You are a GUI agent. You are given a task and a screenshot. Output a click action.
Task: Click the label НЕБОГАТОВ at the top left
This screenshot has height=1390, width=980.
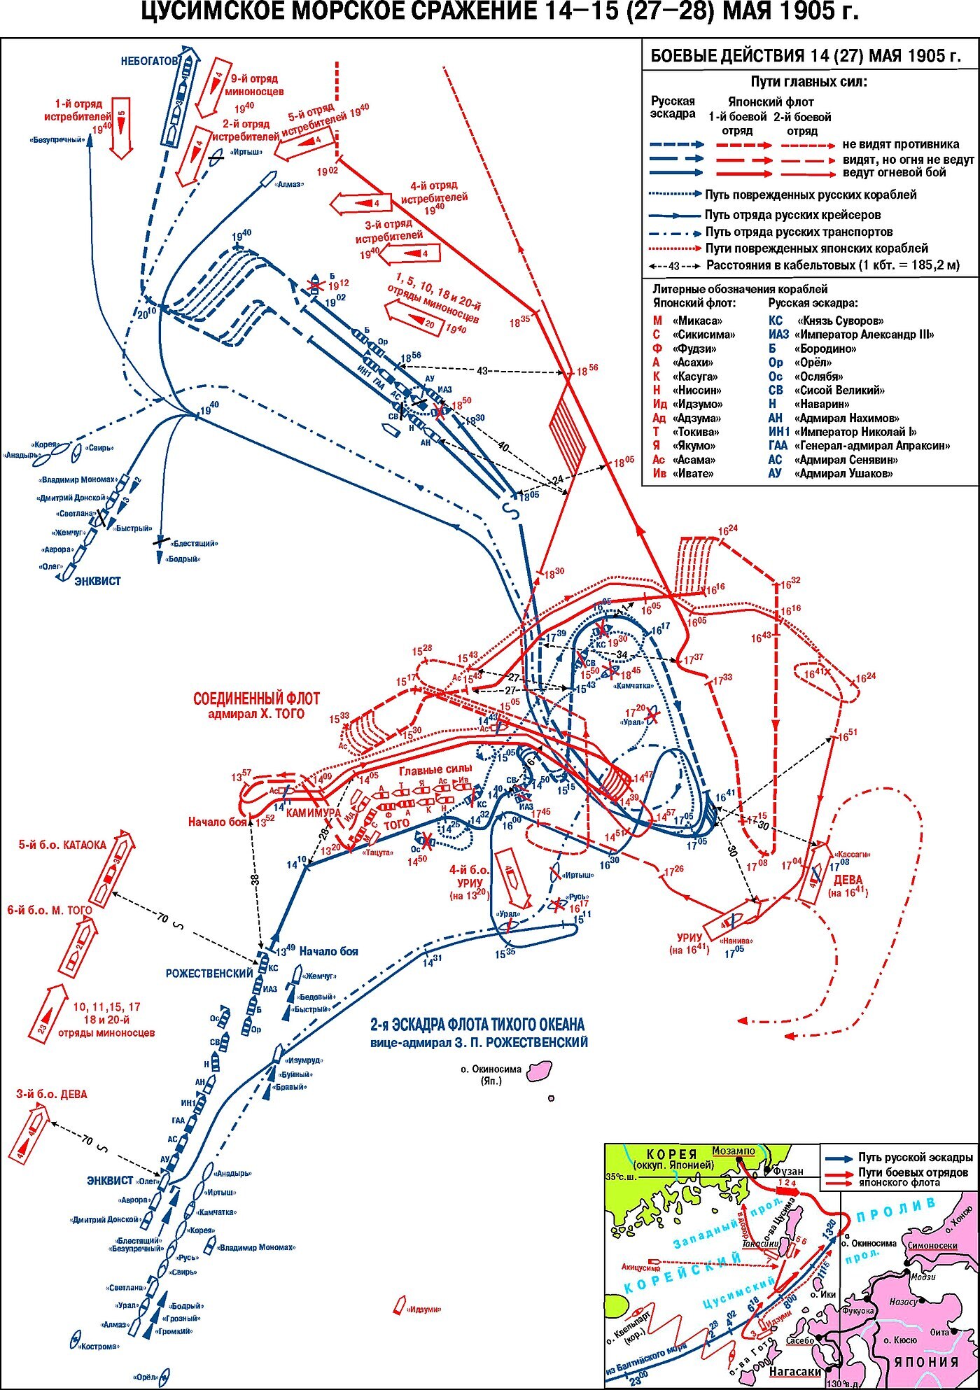tap(148, 62)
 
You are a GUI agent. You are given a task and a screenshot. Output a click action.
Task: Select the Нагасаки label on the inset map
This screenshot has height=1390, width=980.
tap(796, 1371)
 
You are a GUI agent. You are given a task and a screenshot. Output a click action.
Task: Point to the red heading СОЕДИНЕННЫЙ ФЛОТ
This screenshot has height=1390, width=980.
tap(256, 699)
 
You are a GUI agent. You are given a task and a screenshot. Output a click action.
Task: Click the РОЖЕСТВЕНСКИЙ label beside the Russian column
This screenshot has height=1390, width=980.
tap(209, 974)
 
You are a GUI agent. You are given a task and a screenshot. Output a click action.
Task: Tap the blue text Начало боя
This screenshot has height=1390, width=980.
tap(328, 951)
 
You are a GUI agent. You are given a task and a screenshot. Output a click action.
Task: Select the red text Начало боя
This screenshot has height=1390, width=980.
tap(218, 822)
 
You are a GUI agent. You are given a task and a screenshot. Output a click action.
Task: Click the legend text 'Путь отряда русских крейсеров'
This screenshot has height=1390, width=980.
tap(792, 215)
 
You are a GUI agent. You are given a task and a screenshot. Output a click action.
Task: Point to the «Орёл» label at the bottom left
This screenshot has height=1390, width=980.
tap(146, 1377)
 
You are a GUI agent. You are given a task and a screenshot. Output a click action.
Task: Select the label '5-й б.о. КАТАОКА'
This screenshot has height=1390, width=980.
tap(62, 845)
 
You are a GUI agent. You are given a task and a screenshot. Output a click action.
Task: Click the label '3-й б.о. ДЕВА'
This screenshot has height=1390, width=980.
tap(52, 1095)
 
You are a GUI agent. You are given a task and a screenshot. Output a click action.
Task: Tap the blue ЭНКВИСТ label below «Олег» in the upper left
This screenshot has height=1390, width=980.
tap(97, 581)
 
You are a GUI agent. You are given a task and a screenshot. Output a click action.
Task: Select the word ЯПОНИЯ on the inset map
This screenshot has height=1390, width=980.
tap(925, 1361)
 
